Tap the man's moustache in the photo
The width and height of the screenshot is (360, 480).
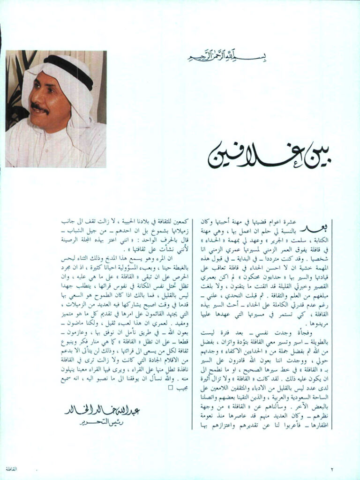[41, 108]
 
